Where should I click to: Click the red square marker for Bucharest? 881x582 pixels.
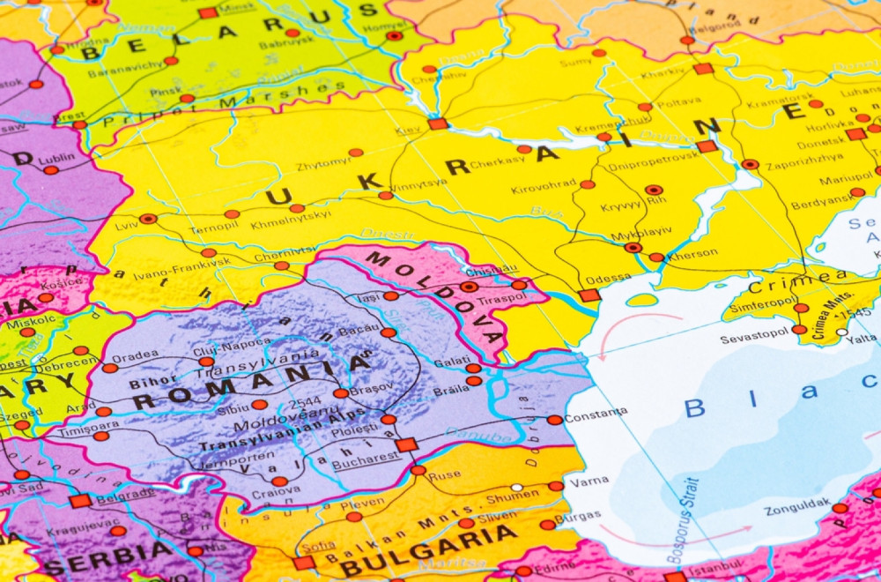(406, 444)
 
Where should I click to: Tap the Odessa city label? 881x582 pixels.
(608, 278)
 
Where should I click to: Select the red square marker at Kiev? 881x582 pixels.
(438, 124)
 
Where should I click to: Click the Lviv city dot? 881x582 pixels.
(148, 219)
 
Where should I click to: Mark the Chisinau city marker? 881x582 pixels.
(469, 287)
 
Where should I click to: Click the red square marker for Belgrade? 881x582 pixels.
(80, 501)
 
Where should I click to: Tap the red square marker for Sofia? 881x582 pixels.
(304, 563)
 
